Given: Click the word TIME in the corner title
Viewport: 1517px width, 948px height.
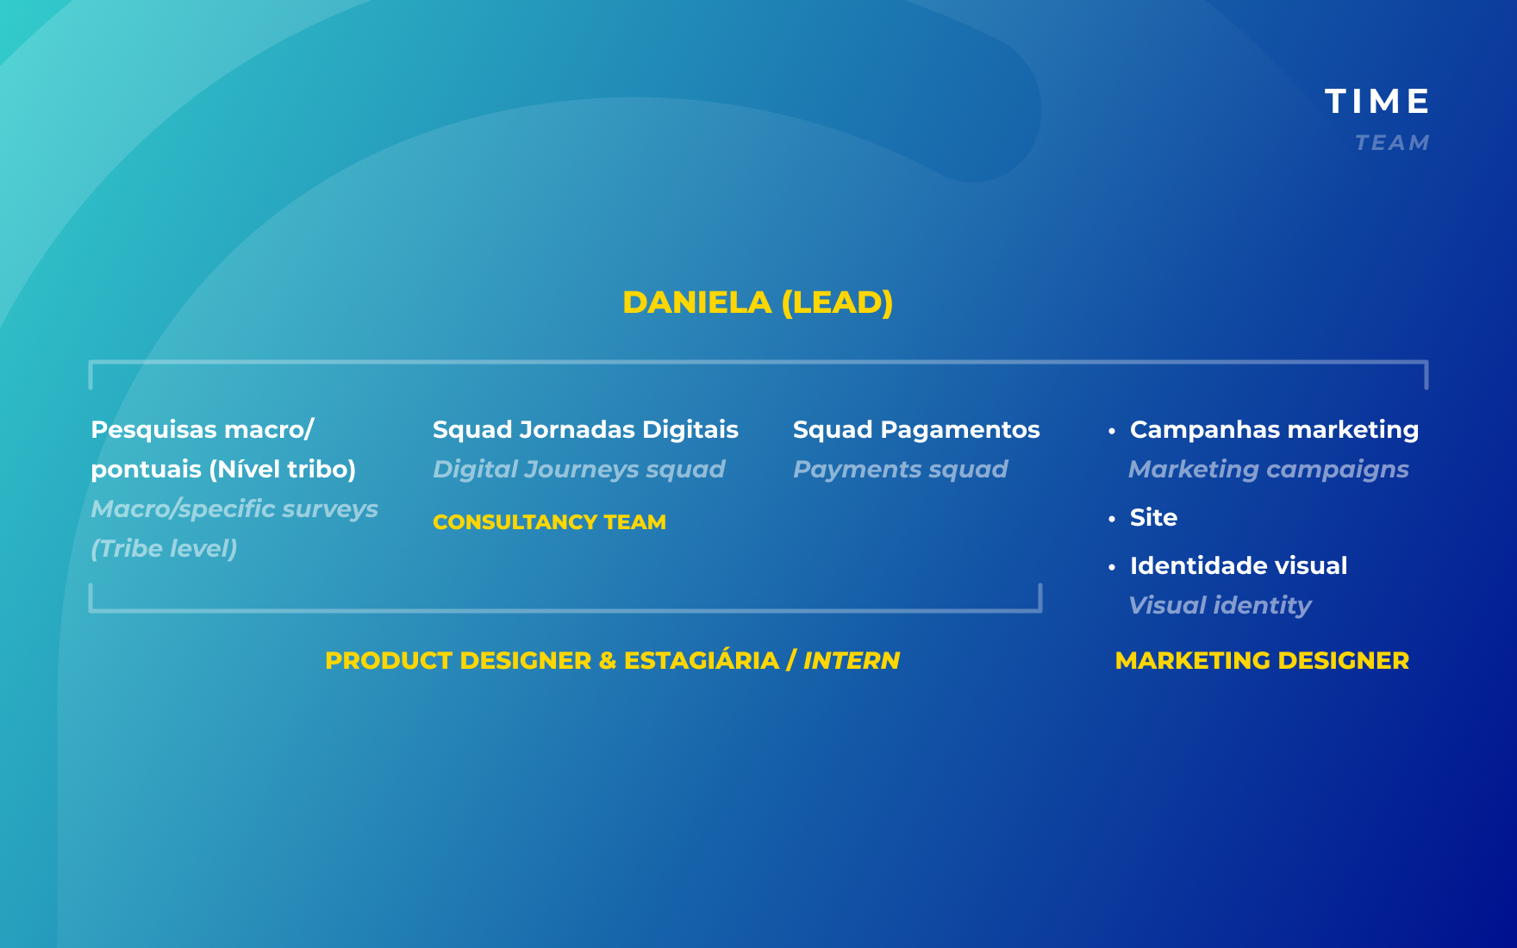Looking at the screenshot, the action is [x=1377, y=102].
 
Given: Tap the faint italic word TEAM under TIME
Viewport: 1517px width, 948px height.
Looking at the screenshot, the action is [x=1392, y=143].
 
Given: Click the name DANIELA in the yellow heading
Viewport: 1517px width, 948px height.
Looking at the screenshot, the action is [x=697, y=302].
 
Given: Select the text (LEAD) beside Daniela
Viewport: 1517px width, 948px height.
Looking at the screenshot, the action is [x=837, y=302].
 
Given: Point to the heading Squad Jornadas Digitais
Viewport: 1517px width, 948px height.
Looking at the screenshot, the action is [x=585, y=429].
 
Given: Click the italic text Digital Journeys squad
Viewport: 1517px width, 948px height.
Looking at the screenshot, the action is [x=578, y=470].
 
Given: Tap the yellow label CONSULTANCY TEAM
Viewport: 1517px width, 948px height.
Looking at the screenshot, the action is [x=549, y=522].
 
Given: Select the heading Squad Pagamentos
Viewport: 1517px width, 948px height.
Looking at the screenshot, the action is [x=916, y=429].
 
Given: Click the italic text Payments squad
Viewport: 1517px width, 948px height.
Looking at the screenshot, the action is [x=900, y=470].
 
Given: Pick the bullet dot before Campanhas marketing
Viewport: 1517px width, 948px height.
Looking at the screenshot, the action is [x=1112, y=430].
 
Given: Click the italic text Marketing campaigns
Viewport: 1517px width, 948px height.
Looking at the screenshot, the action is [x=1269, y=470].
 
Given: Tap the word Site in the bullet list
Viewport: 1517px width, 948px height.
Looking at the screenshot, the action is [x=1153, y=517].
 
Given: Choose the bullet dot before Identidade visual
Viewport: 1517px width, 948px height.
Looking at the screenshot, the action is [x=1112, y=566].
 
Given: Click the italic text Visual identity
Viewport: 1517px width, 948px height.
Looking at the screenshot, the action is [x=1220, y=606].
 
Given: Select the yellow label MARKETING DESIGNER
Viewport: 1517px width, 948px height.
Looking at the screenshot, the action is [x=1262, y=661].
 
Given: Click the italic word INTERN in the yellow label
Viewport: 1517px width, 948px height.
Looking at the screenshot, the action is [x=852, y=661].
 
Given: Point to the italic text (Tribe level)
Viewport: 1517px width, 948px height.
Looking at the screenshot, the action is [x=164, y=549].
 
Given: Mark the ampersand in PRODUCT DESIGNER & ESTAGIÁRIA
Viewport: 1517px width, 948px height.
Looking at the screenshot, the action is [x=608, y=661].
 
